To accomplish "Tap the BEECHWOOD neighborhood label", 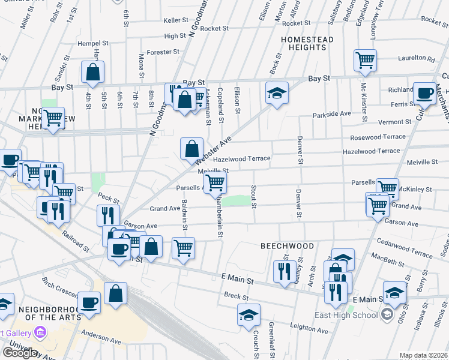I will click(287, 246).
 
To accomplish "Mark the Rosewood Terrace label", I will click(378, 137).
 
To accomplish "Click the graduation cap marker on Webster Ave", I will click(277, 93).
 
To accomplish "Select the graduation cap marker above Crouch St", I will click(249, 314).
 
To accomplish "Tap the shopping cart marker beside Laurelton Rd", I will click(365, 60).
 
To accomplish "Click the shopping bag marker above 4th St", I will click(93, 72).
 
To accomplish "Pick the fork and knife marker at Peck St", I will click(108, 215).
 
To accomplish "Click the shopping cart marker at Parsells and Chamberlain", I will click(215, 182).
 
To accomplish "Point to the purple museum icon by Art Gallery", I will click(40, 331).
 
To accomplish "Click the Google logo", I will click(19, 353).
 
